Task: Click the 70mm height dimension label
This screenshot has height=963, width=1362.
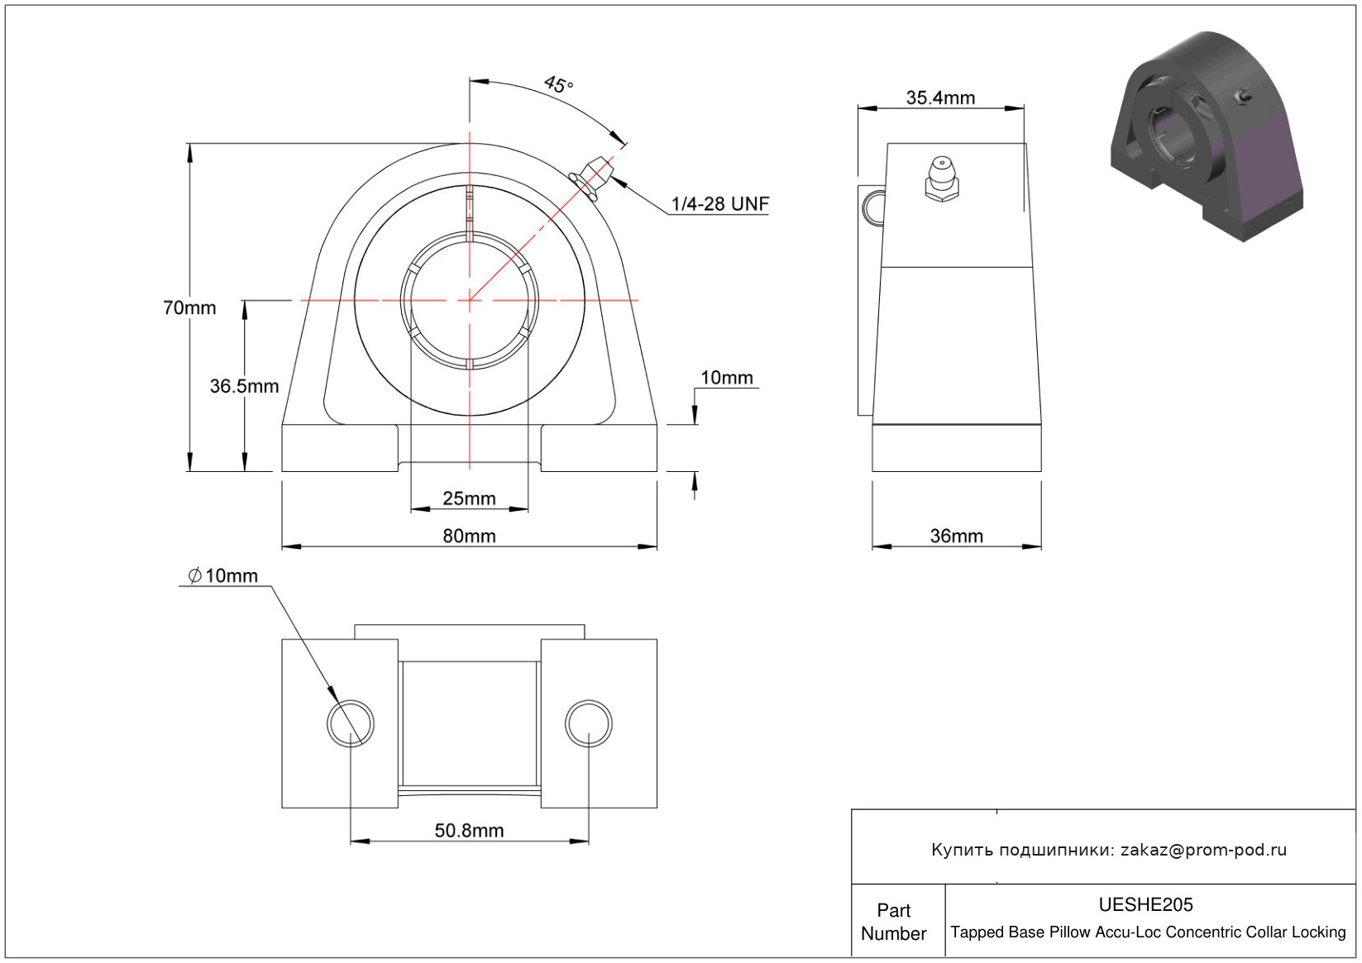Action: pos(189,307)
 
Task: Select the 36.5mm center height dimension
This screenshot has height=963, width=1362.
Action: pos(244,386)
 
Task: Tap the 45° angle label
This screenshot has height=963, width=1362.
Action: pos(559,83)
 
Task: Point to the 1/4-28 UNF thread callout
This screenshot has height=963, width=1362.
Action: pos(720,203)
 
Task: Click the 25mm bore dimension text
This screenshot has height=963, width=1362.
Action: pos(469,498)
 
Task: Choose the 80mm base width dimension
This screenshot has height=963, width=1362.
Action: pos(469,536)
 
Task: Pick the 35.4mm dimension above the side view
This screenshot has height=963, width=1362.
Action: pos(940,98)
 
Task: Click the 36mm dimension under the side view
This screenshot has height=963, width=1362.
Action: pos(956,536)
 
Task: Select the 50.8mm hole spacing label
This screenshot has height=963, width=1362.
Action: pos(469,831)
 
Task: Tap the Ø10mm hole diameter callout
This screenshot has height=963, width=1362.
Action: pos(222,575)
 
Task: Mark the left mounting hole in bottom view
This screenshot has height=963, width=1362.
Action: pos(351,723)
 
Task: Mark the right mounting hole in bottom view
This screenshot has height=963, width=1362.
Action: pos(588,723)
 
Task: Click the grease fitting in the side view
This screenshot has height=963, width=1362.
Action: pos(942,178)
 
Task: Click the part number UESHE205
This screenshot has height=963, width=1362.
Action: pos(1145,904)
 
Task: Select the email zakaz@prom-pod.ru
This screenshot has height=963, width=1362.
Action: pos(1203,850)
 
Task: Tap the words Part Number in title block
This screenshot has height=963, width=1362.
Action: pos(893,922)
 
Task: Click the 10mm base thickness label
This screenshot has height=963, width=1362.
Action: pos(727,378)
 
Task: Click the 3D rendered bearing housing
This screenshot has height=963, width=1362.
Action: pos(1207,136)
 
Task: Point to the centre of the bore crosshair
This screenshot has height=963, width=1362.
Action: pos(470,300)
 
